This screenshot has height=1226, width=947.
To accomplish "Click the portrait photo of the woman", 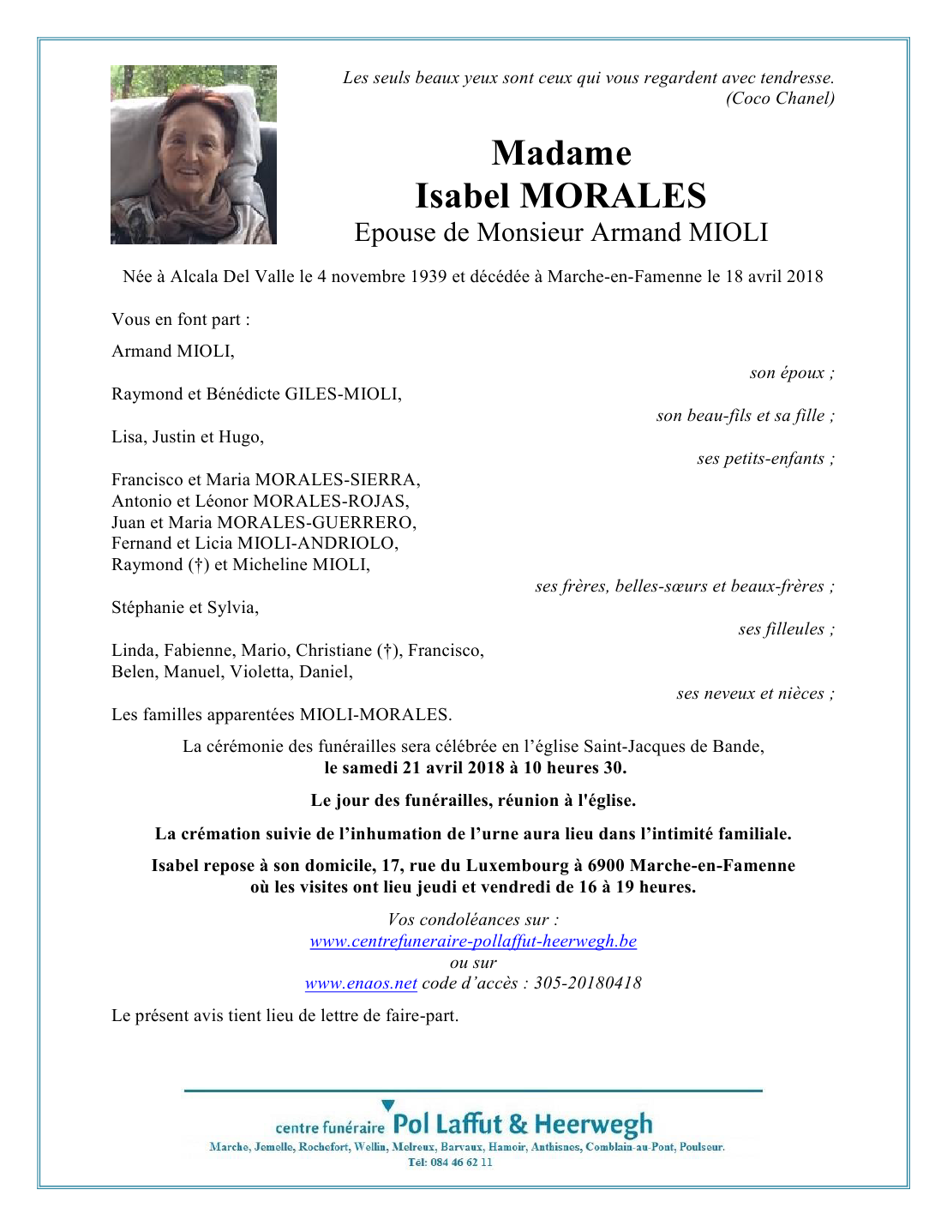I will click(194, 155).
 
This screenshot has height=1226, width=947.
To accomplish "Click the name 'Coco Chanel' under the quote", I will click(781, 99).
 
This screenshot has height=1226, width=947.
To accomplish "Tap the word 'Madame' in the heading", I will click(561, 153).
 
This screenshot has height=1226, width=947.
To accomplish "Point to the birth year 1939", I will click(429, 277).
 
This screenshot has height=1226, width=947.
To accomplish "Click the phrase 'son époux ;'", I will click(791, 373).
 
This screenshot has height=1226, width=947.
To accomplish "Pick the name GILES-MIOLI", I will click(342, 394).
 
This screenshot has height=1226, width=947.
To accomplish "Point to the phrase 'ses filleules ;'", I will click(786, 629).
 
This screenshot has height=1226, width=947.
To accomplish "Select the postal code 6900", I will click(606, 866).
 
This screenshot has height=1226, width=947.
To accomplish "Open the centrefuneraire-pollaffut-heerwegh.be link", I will click(473, 941).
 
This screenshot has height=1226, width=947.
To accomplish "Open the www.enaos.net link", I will click(361, 983).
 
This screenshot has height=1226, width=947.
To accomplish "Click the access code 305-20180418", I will click(588, 983).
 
